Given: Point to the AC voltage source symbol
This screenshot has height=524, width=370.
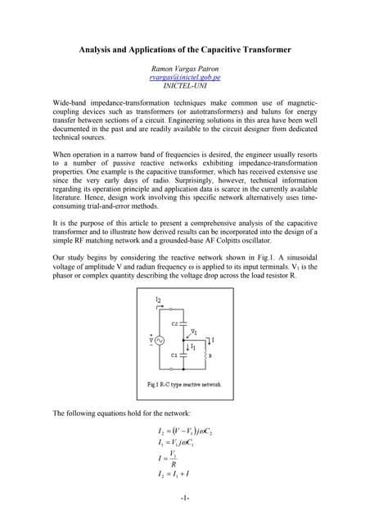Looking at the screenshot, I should coord(150,340).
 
